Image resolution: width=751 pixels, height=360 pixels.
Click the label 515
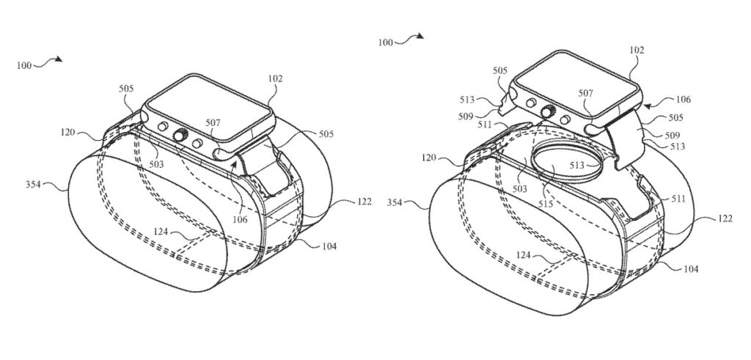coord(546,204)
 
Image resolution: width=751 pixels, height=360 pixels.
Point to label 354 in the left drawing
coord(34,184)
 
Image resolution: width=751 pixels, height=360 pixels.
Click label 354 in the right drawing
coord(395,203)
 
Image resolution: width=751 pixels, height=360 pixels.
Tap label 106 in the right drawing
coord(683,99)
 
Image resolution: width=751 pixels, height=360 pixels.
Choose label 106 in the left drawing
coord(240,220)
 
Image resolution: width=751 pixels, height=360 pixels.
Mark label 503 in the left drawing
coord(156,165)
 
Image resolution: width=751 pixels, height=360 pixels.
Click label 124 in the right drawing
coord(523,256)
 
